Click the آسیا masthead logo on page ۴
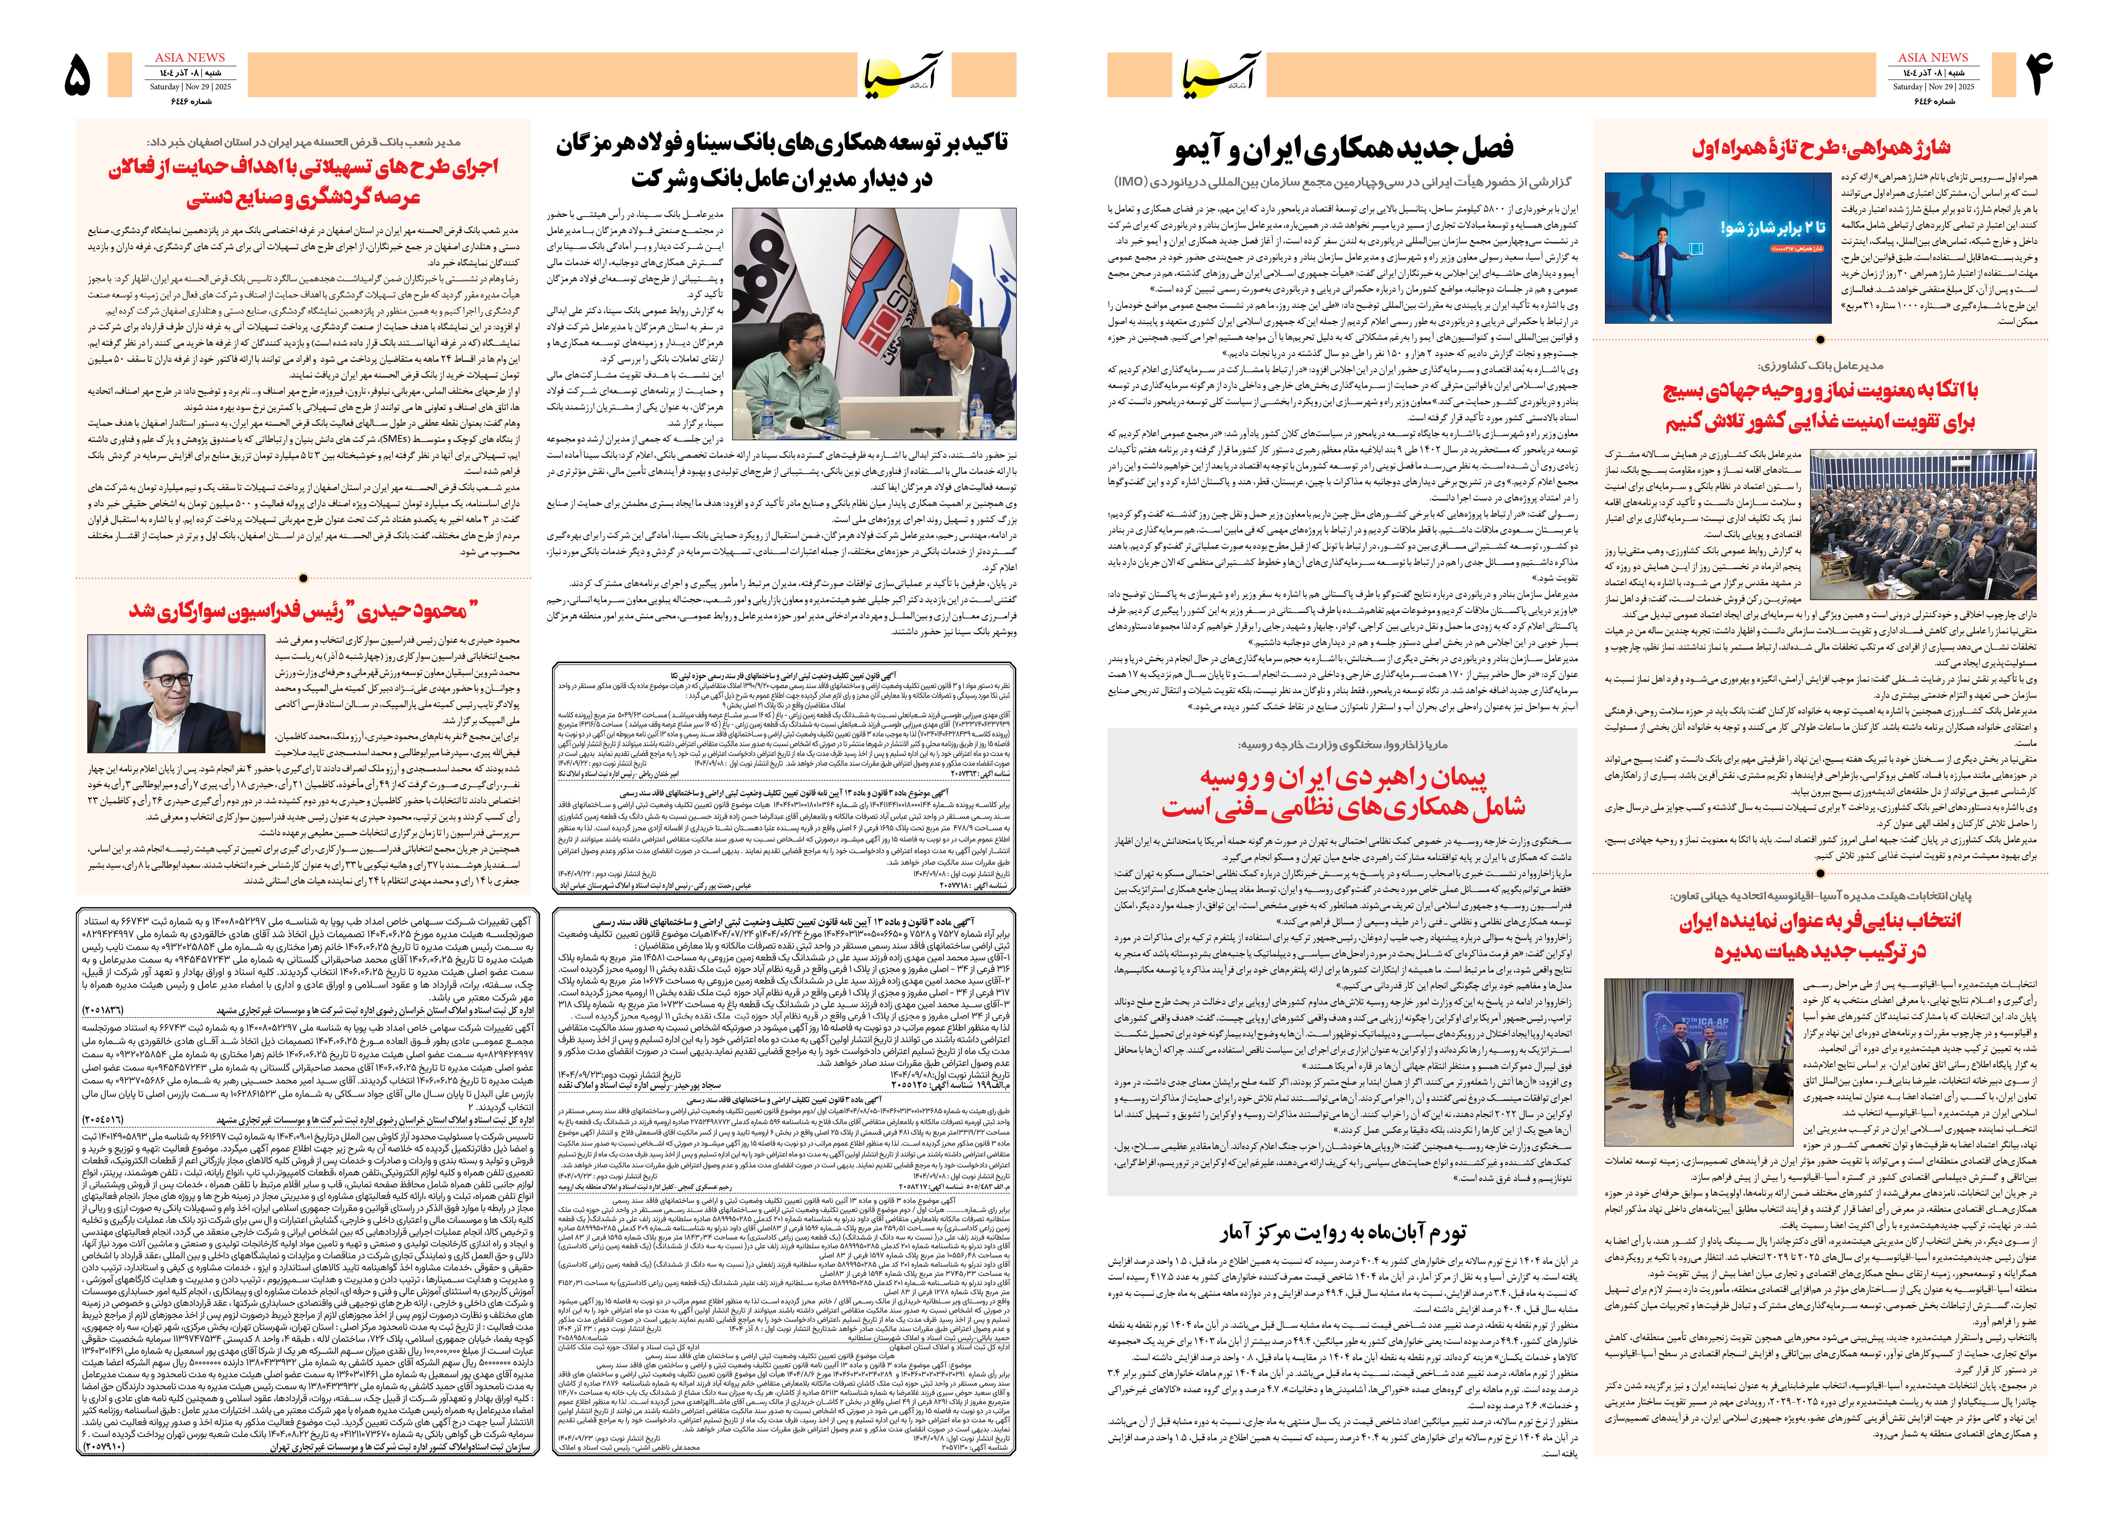(x=1222, y=75)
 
